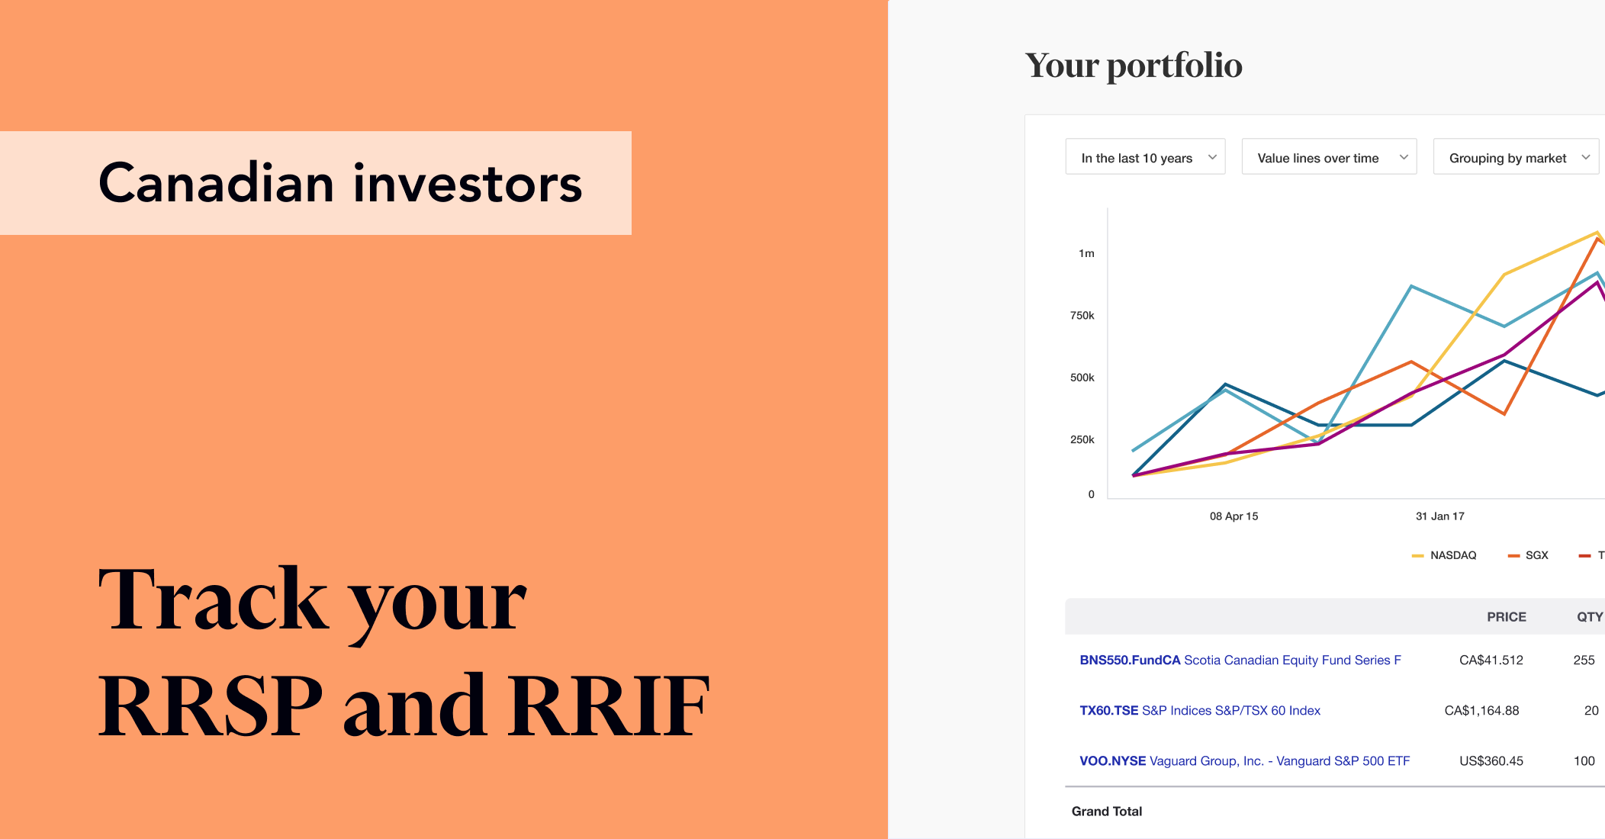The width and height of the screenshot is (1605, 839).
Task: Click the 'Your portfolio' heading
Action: tap(1134, 66)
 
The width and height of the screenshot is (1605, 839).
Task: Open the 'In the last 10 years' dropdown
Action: tap(1145, 157)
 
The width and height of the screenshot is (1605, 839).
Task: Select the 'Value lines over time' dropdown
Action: tap(1328, 157)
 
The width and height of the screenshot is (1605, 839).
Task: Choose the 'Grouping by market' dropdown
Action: tap(1516, 157)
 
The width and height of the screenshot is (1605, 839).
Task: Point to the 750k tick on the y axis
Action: tap(1082, 315)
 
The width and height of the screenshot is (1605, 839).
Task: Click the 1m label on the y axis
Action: tap(1086, 253)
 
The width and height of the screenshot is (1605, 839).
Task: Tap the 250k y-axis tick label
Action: tap(1082, 439)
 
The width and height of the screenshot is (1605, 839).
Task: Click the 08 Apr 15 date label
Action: tap(1234, 516)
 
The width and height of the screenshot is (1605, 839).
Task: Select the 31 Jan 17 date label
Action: tap(1439, 516)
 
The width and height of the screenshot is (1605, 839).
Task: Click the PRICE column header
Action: tap(1506, 617)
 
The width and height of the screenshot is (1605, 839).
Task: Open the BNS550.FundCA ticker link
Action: tap(1130, 660)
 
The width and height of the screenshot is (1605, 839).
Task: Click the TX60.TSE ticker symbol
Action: tap(1108, 710)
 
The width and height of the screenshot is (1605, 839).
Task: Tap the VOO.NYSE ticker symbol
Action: tap(1112, 760)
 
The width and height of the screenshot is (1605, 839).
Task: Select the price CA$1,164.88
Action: tap(1481, 710)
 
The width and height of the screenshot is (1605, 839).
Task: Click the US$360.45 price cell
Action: tap(1491, 760)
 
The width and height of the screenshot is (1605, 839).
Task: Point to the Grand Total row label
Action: tap(1106, 811)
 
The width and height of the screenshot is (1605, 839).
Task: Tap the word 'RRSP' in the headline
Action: tap(211, 706)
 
